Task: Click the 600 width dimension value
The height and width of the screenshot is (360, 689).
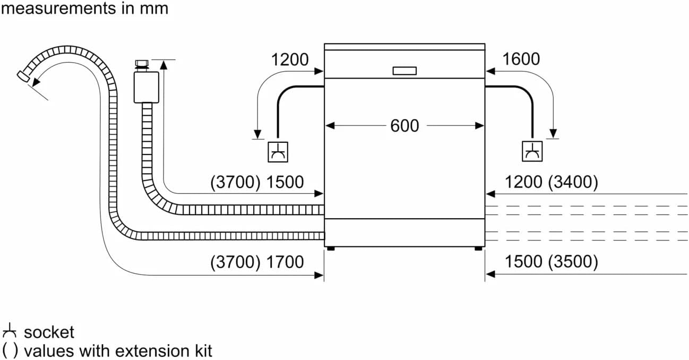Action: [x=404, y=126]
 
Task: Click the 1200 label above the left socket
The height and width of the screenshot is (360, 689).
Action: [x=290, y=60]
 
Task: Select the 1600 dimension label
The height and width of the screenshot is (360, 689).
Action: [x=521, y=59]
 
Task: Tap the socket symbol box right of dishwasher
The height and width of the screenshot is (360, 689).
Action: [x=531, y=152]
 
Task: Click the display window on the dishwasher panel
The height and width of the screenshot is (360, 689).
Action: [x=404, y=71]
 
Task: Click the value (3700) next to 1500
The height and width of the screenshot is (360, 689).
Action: [x=235, y=183]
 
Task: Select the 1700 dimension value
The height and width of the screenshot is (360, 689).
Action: [x=285, y=262]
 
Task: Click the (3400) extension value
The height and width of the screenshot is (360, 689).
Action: [x=574, y=183]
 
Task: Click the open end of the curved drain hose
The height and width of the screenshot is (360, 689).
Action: [x=23, y=76]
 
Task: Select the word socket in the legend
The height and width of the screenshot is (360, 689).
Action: [x=49, y=333]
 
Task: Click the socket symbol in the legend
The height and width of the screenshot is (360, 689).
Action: [x=10, y=332]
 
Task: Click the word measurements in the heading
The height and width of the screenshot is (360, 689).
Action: [x=56, y=8]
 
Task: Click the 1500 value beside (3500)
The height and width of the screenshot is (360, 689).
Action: [x=523, y=262]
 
